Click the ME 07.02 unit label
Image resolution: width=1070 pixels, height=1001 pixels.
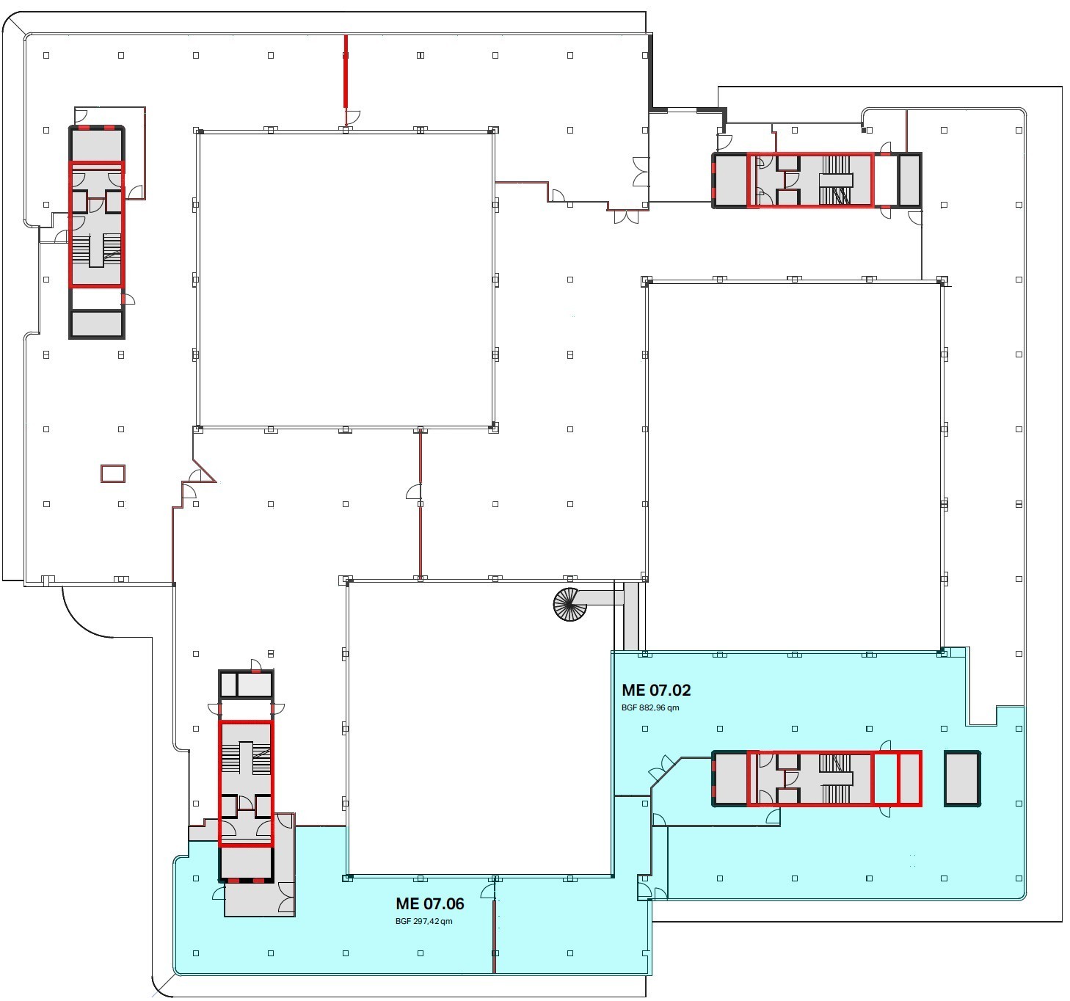655,690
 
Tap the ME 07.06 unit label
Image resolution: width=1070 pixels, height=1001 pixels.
429,903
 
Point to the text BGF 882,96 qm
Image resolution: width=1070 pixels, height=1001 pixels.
649,707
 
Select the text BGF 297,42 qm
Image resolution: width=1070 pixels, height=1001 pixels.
423,921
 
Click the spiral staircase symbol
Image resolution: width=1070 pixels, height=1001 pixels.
569,604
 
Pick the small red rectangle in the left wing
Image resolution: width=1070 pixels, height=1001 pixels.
113,473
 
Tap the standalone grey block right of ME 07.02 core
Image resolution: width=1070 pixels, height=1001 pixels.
961,779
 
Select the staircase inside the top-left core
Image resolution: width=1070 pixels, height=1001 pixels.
96,250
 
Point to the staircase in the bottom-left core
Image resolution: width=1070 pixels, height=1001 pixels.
247,758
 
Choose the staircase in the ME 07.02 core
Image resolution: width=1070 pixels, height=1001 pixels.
836,779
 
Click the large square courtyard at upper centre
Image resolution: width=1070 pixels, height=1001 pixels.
346,280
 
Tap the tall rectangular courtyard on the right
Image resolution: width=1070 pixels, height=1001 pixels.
794,467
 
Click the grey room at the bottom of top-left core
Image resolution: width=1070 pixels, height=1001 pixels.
97,324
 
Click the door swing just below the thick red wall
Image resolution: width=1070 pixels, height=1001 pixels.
353,117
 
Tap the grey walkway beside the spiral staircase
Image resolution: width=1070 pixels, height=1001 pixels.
599,597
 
